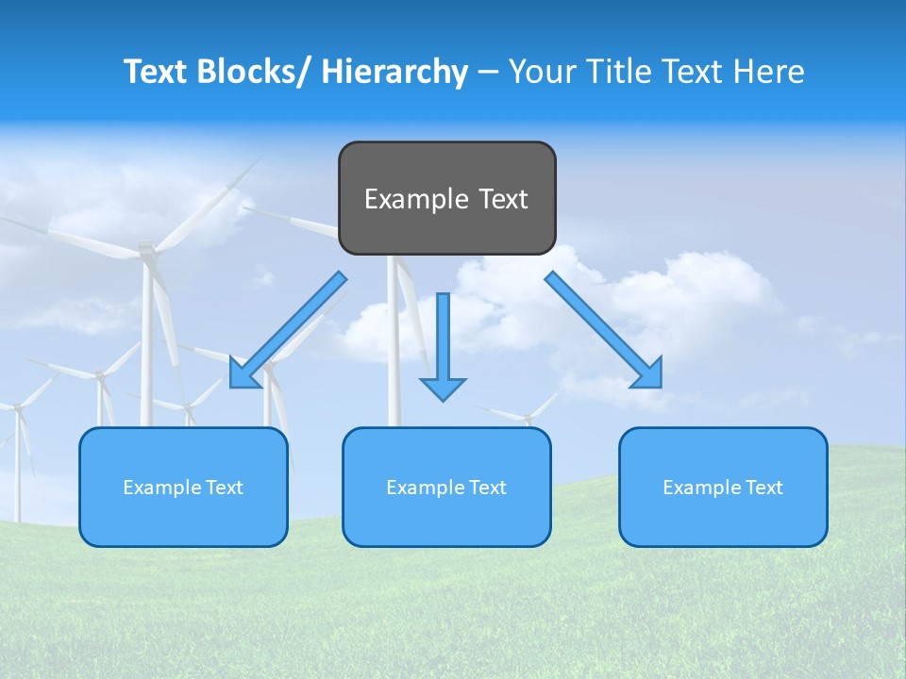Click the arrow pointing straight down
click(443, 339)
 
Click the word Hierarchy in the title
click(394, 72)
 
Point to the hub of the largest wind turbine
click(146, 251)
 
